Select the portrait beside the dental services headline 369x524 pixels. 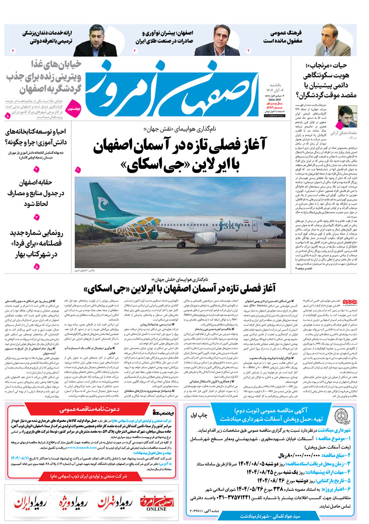101,41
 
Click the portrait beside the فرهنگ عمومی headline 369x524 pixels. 333,41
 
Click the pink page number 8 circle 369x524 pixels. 7,117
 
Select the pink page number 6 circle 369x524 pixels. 135,51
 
